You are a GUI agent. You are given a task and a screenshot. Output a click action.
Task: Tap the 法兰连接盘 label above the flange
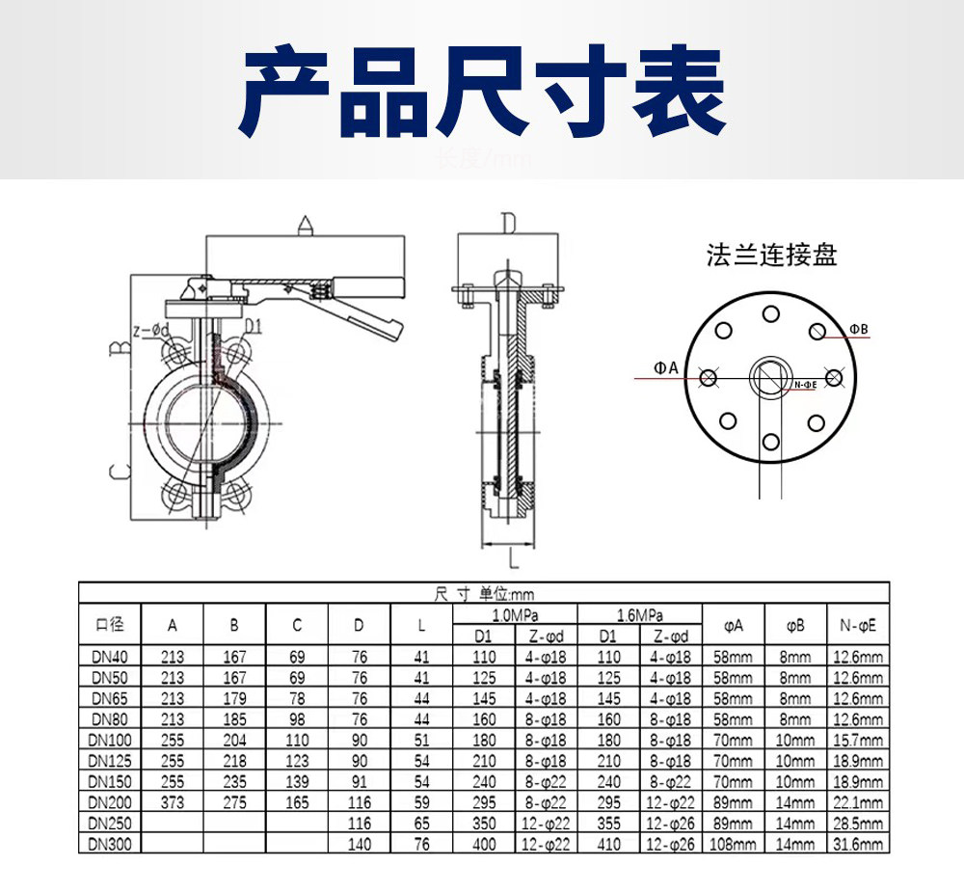[x=771, y=256]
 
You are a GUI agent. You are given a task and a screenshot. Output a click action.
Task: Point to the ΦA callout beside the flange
[x=666, y=367]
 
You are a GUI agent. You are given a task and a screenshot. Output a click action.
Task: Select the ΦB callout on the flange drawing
[x=859, y=330]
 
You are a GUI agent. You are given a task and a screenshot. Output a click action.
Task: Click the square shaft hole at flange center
[x=771, y=376]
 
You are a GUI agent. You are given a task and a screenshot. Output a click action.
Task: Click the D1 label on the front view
[x=253, y=327]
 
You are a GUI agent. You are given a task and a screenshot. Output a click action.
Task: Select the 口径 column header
[x=110, y=625]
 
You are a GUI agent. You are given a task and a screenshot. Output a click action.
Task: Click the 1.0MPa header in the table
[x=516, y=615]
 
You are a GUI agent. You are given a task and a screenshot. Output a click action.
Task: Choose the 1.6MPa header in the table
[x=640, y=615]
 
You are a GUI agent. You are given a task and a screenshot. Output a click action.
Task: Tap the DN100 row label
[x=110, y=740]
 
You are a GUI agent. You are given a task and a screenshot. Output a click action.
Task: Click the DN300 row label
[x=110, y=844]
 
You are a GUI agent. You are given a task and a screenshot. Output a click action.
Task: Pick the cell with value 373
[x=173, y=802]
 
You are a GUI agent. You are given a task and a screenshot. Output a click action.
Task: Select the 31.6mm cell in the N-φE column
[x=858, y=844]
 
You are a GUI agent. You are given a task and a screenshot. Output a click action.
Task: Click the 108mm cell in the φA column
[x=734, y=844]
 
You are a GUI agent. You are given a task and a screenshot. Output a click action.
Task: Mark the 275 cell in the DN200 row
[x=234, y=802]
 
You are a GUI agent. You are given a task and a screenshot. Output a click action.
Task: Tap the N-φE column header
[x=858, y=625]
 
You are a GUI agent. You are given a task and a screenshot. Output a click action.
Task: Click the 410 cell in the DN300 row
[x=608, y=844]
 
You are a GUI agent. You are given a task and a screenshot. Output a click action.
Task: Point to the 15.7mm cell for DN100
[x=858, y=740]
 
